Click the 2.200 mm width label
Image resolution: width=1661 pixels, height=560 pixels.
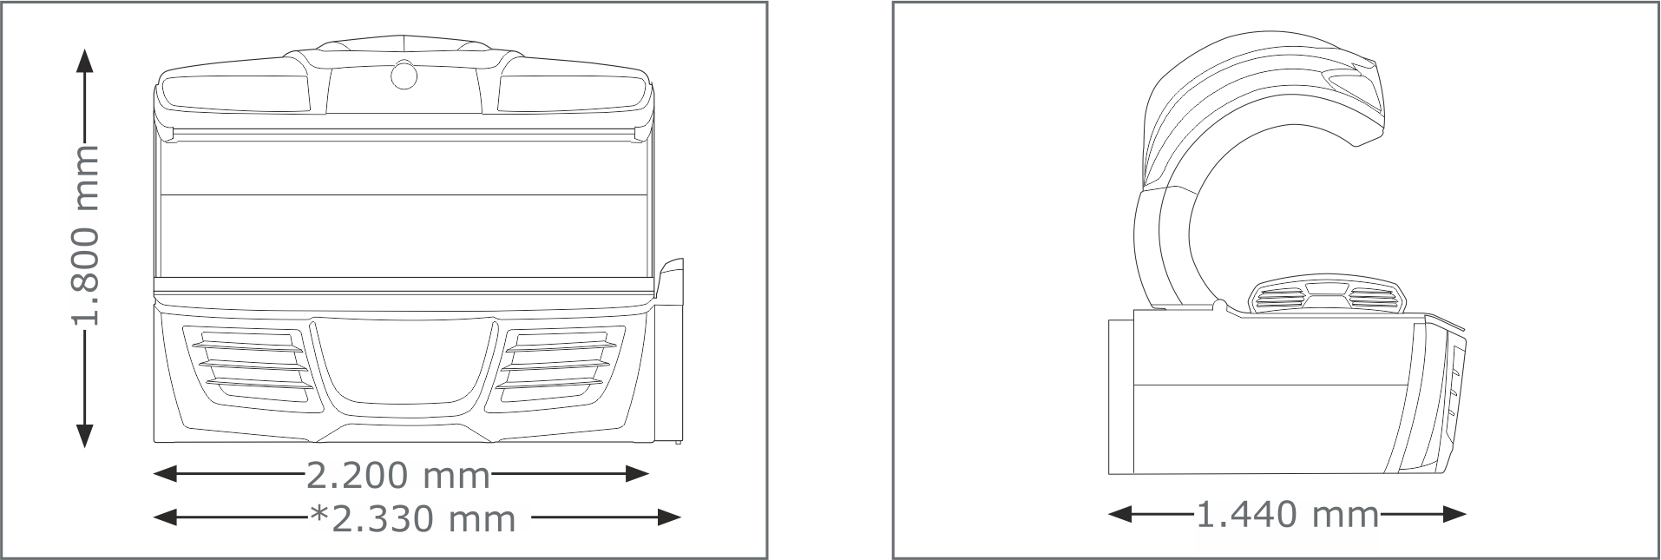398,475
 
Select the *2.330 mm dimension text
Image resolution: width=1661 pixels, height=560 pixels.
413,518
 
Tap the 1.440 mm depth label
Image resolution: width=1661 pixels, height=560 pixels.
1287,515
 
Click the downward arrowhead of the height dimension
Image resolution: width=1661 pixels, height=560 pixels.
84,437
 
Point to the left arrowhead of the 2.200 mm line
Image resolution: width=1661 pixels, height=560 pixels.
165,473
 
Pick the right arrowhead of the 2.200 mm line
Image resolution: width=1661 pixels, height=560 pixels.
637,473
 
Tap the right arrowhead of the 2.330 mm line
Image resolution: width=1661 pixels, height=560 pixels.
669,517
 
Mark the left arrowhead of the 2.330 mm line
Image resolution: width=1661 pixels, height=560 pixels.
165,517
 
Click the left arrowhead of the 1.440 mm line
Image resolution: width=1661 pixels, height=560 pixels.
1120,515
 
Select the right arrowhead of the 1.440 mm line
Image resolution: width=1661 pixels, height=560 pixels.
1454,515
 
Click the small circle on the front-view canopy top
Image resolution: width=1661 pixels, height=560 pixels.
404,76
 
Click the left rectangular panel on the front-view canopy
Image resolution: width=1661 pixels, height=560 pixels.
235,94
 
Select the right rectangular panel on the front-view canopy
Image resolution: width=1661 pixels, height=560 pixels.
570,94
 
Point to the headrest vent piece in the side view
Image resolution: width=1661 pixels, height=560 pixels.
1326,299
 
